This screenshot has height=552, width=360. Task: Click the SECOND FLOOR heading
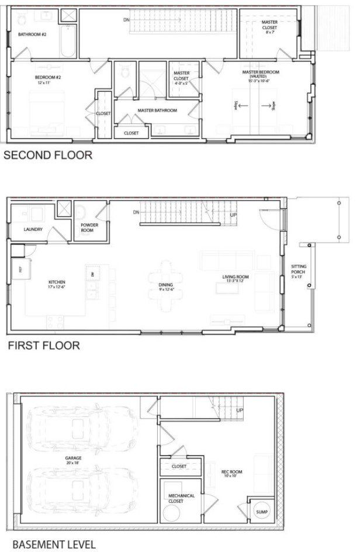pos(48,156)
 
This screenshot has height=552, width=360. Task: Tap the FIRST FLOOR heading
pos(44,346)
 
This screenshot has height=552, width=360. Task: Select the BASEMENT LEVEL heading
pos(54,544)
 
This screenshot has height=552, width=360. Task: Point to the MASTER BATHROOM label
pos(157,110)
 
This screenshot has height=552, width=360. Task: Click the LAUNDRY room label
pos(33,229)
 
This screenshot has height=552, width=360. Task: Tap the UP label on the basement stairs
pos(240,410)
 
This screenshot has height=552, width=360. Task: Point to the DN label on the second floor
pos(126,20)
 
